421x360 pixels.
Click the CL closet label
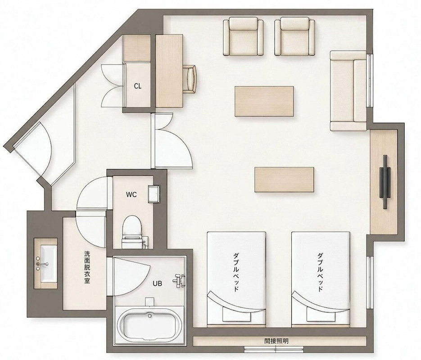click(138, 86)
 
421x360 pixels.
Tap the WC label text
click(131, 194)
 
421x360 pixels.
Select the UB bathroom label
click(157, 283)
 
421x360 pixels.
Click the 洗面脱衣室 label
click(87, 267)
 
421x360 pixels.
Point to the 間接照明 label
click(276, 341)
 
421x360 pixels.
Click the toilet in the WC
click(132, 231)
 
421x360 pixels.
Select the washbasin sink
click(45, 264)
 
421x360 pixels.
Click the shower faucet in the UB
click(179, 281)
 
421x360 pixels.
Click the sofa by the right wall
click(349, 90)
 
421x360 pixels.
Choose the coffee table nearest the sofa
click(264, 101)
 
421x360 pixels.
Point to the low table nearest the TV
click(284, 180)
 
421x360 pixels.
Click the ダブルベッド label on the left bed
click(236, 272)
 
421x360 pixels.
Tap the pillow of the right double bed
click(321, 314)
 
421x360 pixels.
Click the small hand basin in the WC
click(154, 194)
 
